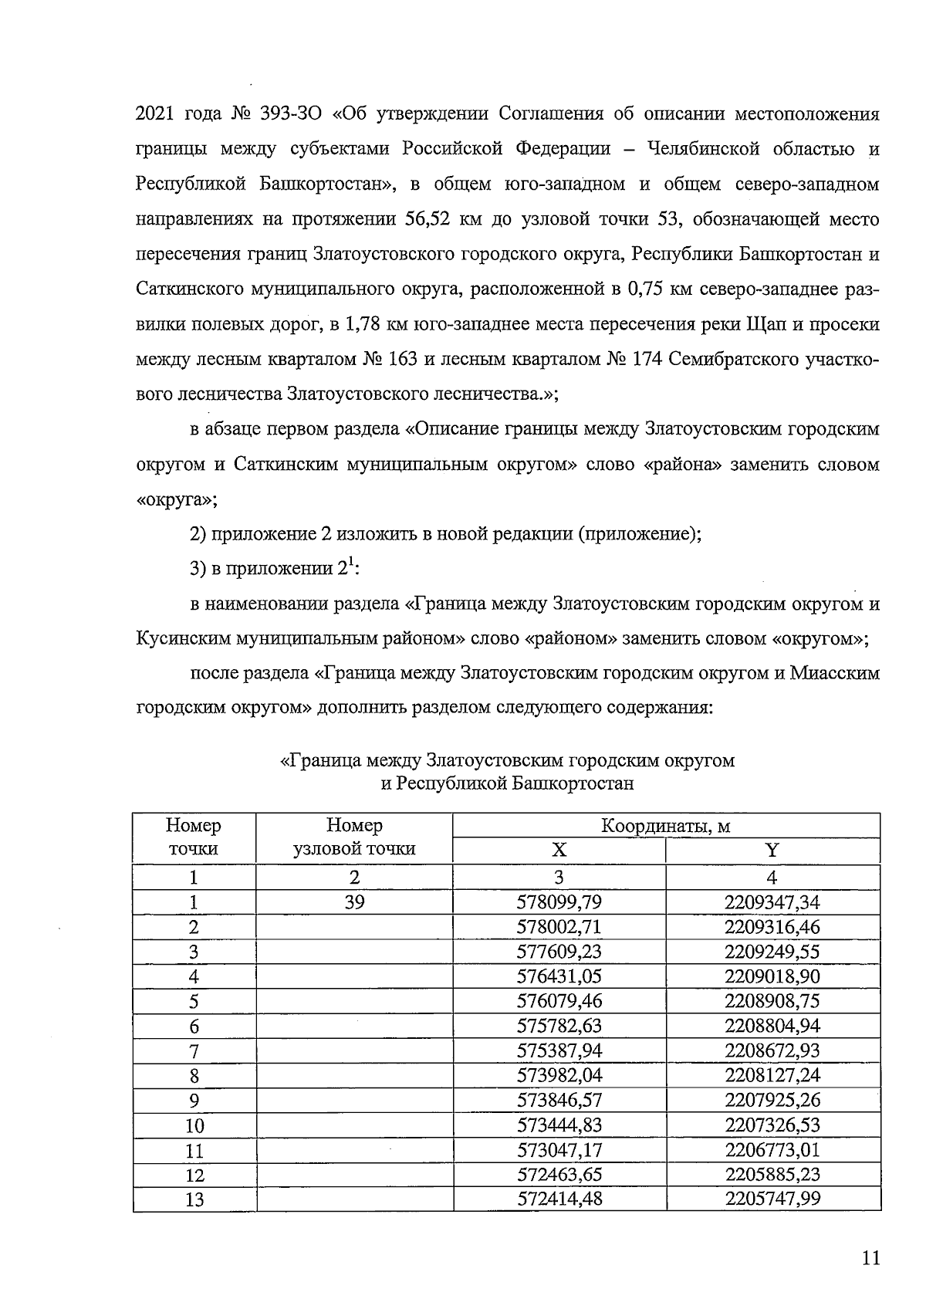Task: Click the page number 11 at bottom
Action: (x=870, y=1260)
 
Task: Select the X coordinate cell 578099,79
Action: (x=559, y=902)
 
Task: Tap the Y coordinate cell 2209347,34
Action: (x=772, y=902)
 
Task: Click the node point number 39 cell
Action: (x=354, y=902)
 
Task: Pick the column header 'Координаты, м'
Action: (x=665, y=826)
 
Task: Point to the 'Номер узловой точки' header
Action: (x=354, y=837)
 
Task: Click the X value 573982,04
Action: (x=559, y=1075)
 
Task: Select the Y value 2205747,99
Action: (x=772, y=1199)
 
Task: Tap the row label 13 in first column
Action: (x=194, y=1199)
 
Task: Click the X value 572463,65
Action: (x=559, y=1174)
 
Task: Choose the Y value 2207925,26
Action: (x=772, y=1100)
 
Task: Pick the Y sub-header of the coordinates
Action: (x=772, y=851)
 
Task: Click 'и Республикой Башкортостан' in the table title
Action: (x=507, y=783)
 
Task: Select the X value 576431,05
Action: (x=559, y=976)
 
